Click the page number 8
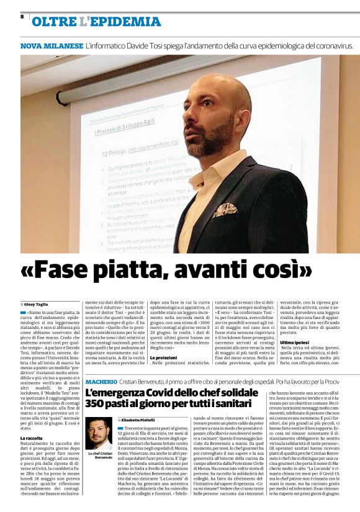coord(22,16)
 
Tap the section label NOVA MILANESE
coord(52,46)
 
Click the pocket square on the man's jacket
coord(225,209)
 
